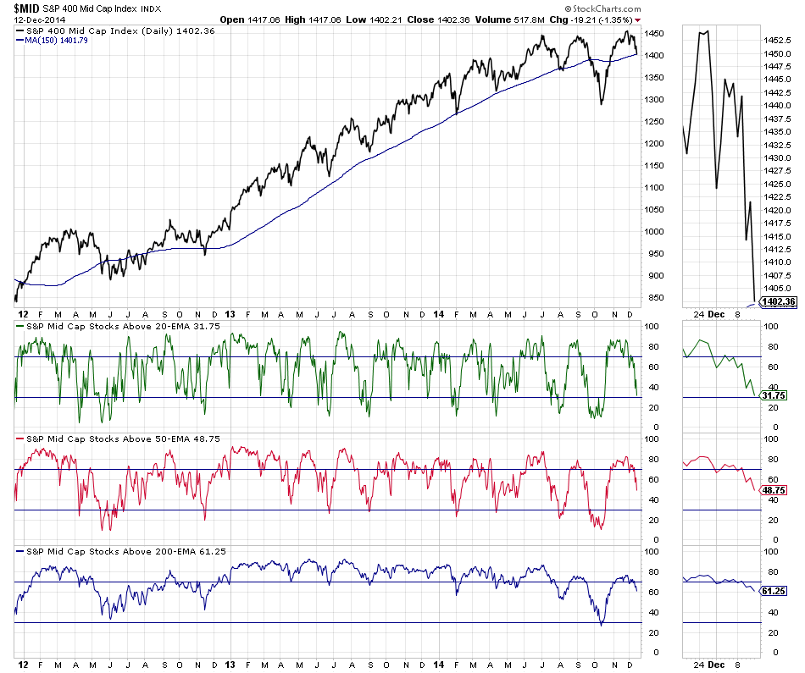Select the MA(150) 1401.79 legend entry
point(67,41)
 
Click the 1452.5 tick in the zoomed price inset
point(777,40)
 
